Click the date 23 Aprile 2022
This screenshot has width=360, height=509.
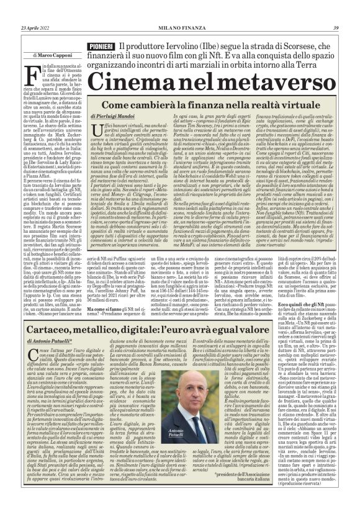pos(36,27)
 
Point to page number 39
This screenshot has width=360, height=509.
pos(335,27)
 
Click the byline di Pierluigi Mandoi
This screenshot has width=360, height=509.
pos(114,116)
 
